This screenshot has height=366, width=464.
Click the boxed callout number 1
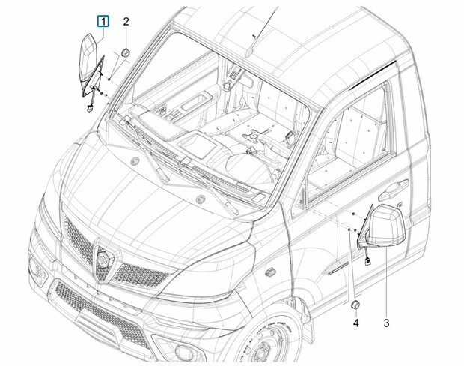pyautogui.click(x=103, y=22)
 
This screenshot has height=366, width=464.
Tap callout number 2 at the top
pyautogui.click(x=126, y=22)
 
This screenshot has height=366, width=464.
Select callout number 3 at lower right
pyautogui.click(x=386, y=322)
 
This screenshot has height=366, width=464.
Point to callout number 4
pyautogui.click(x=356, y=322)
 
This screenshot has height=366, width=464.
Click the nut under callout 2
pyautogui.click(x=126, y=52)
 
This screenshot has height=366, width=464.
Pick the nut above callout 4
pyautogui.click(x=355, y=305)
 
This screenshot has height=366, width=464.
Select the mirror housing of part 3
pyautogui.click(x=385, y=226)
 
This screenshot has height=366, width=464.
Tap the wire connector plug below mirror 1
pyautogui.click(x=89, y=109)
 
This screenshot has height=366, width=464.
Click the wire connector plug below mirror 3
pyautogui.click(x=368, y=261)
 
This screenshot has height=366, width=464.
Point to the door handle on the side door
pyautogui.click(x=393, y=190)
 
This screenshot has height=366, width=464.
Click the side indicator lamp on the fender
pyautogui.click(x=269, y=271)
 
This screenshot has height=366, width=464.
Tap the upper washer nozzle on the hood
pyautogui.click(x=135, y=161)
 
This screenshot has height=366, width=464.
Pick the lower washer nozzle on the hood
pyautogui.click(x=201, y=199)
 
